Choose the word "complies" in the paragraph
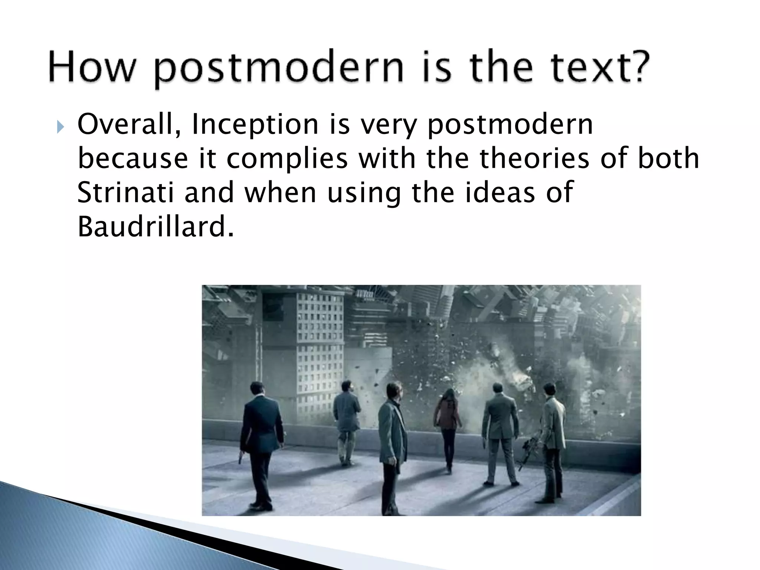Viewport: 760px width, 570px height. (287, 158)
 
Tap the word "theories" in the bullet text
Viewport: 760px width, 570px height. (534, 158)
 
